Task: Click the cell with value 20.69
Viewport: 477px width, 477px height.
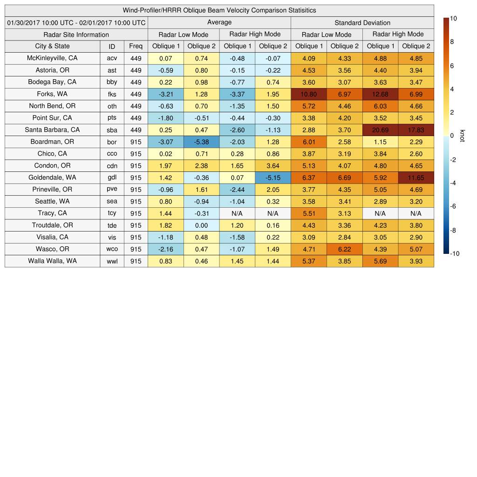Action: pyautogui.click(x=380, y=130)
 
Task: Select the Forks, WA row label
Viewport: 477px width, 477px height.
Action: pyautogui.click(x=52, y=94)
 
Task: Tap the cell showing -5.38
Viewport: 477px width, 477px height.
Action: pyautogui.click(x=201, y=142)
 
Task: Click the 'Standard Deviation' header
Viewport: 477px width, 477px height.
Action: pyautogui.click(x=362, y=23)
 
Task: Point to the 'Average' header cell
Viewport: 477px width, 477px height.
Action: pyautogui.click(x=219, y=22)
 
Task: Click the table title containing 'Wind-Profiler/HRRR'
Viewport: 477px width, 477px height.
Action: pyautogui.click(x=219, y=10)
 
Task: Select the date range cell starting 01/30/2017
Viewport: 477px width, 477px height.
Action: pyautogui.click(x=76, y=23)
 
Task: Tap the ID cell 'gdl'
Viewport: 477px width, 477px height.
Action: pyautogui.click(x=112, y=178)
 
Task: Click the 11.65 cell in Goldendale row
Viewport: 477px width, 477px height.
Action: pyautogui.click(x=416, y=178)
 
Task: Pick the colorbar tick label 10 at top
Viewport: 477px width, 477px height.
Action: pyautogui.click(x=454, y=19)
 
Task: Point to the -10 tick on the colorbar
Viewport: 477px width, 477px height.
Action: pyautogui.click(x=454, y=254)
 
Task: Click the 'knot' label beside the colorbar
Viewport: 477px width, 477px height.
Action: pyautogui.click(x=463, y=136)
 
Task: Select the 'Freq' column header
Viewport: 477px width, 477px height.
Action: pyautogui.click(x=136, y=46)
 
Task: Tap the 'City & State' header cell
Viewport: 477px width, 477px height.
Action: pyautogui.click(x=52, y=46)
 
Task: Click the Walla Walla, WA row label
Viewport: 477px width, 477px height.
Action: pyautogui.click(x=52, y=261)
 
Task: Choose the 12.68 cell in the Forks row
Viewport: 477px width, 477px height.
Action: pyautogui.click(x=380, y=94)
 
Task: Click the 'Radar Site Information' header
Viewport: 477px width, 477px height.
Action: pyautogui.click(x=76, y=34)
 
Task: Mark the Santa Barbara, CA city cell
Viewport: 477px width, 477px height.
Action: pyautogui.click(x=52, y=130)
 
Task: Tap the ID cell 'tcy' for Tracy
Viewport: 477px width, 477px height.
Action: pyautogui.click(x=112, y=214)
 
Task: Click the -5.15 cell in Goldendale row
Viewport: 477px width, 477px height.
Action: pyautogui.click(x=273, y=178)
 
